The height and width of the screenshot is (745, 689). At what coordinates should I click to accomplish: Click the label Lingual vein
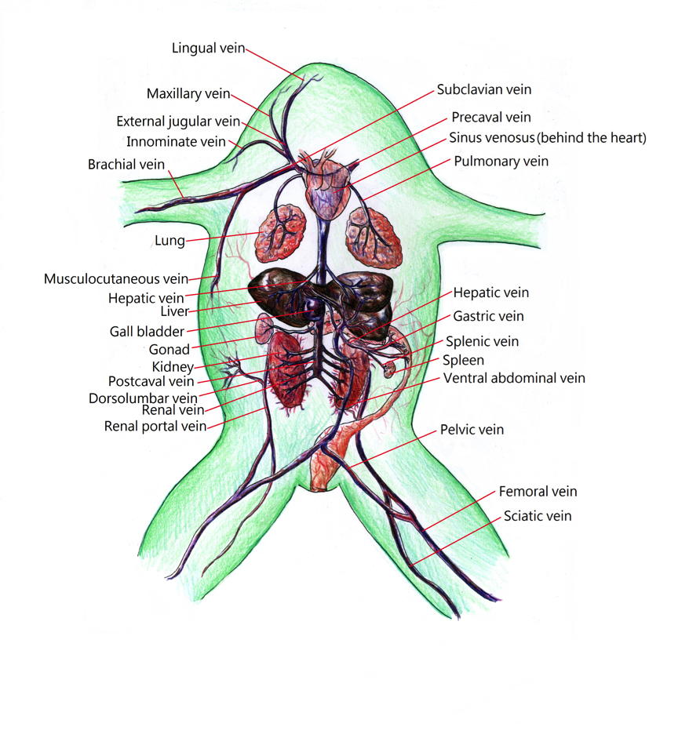(x=208, y=49)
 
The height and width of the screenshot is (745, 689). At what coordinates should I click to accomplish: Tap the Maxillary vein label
(x=188, y=94)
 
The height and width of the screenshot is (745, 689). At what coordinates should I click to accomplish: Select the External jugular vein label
(x=178, y=122)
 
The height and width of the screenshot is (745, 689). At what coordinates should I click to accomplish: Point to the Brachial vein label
(x=126, y=165)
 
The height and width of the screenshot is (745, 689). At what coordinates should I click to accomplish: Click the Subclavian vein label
(x=484, y=90)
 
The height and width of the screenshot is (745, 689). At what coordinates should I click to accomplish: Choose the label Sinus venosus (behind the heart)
(x=547, y=139)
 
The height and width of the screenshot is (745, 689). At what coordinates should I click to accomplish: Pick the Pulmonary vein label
(x=501, y=162)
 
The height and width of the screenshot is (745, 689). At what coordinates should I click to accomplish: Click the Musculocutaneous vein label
(x=116, y=278)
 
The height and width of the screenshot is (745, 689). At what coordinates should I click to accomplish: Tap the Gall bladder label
(x=147, y=331)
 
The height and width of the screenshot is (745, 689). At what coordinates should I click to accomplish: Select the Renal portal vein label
(x=155, y=426)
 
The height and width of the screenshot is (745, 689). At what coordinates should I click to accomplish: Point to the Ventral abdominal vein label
(x=514, y=378)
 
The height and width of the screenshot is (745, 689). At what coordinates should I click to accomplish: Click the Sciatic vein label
(x=538, y=516)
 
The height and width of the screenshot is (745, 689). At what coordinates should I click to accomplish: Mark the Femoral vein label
(x=538, y=492)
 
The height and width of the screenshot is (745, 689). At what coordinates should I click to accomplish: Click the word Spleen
(x=463, y=361)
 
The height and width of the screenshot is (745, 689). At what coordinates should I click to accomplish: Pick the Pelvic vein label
(x=472, y=430)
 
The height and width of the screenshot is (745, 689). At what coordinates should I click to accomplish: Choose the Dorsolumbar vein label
(x=143, y=398)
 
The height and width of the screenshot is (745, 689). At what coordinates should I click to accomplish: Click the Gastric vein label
(x=488, y=317)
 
